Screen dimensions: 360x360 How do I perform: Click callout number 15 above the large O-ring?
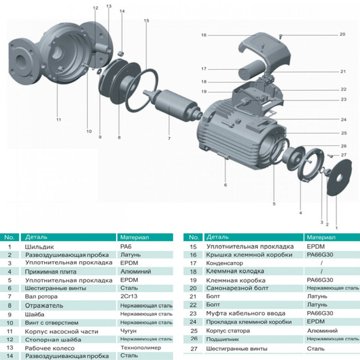point(146,21)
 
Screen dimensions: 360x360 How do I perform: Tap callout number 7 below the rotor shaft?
point(169,139)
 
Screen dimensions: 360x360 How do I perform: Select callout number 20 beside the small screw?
point(342,34)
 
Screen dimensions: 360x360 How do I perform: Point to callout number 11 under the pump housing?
point(59,120)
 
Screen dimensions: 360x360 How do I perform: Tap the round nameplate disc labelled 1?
point(339,177)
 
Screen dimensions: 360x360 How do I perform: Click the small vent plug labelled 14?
point(121,54)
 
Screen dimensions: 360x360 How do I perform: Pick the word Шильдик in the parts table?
point(39,247)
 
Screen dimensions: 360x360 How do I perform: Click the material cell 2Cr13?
point(129,296)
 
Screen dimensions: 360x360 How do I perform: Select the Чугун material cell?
point(128,331)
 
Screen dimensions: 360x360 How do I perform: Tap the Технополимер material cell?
point(141,348)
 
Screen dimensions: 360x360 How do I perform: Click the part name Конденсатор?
point(225,263)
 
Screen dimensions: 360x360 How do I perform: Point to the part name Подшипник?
point(223,339)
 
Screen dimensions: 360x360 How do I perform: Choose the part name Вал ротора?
point(41,297)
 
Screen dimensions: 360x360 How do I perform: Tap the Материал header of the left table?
point(134,237)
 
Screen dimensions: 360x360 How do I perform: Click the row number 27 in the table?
point(194,349)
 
